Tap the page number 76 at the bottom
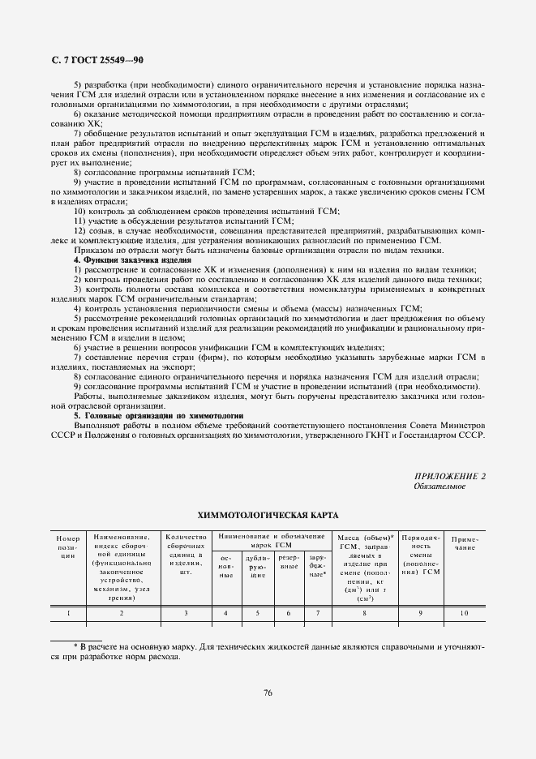pyautogui.click(x=267, y=692)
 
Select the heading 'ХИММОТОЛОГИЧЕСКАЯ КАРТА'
pyautogui.click(x=267, y=515)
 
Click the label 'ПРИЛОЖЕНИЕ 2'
pyautogui.click(x=451, y=475)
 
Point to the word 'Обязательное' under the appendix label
pyautogui.click(x=439, y=486)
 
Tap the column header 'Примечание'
pyautogui.click(x=465, y=542)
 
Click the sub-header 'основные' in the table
pyautogui.click(x=226, y=566)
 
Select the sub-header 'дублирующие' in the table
pyautogui.click(x=257, y=566)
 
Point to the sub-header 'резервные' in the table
pyautogui.click(x=288, y=562)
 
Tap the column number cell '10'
pyautogui.click(x=464, y=613)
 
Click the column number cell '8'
pyautogui.click(x=364, y=613)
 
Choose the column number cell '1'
pyautogui.click(x=68, y=613)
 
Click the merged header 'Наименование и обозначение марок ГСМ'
pyautogui.click(x=272, y=541)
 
